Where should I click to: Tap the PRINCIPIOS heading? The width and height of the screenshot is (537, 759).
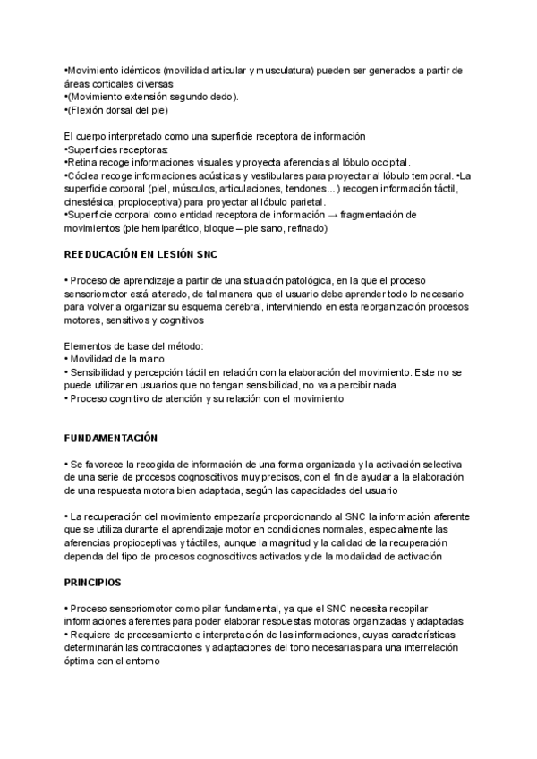coord(92,582)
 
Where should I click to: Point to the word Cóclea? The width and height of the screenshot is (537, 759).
coord(84,175)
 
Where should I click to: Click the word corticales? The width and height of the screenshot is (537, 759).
coord(112,83)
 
